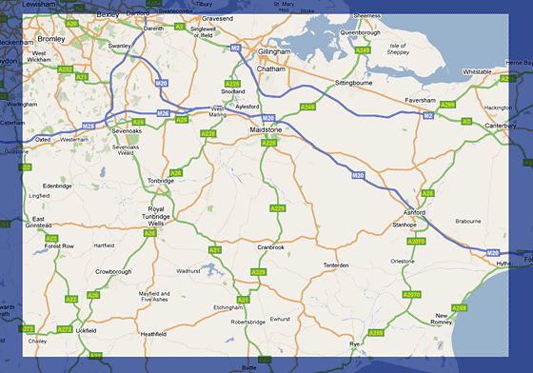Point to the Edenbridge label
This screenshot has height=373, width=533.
57,186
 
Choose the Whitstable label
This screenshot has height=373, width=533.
477,71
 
